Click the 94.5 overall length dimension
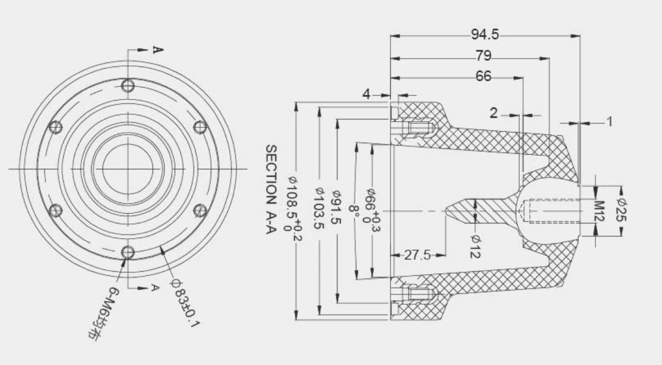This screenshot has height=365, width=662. pos(484,35)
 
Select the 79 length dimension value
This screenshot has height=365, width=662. pos(483,56)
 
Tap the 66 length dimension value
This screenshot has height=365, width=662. pos(483,77)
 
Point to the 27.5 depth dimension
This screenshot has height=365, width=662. pos(417,255)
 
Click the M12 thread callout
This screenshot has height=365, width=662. pos(598,211)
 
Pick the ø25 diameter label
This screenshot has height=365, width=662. pos(622,211)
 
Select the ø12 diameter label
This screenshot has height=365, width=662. pos(475,246)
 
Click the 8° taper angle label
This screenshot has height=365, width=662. pos(354,212)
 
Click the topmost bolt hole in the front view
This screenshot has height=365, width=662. pos(129,85)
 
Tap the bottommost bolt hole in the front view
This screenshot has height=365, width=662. pos(129,252)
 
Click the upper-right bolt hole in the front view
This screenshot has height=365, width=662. pos(200,127)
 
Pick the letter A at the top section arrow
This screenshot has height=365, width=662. pos(158,50)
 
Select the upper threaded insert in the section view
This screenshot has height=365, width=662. pos(418,128)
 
